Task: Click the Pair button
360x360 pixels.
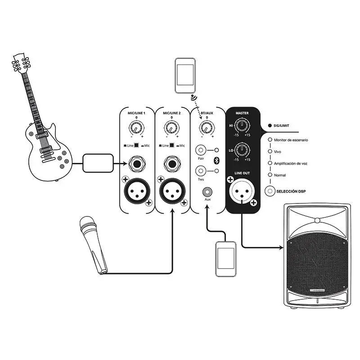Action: tap(201, 151)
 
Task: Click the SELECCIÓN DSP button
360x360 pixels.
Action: tap(270, 191)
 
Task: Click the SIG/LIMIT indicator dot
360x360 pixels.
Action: tap(270, 126)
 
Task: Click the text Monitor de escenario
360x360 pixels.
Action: tap(291, 140)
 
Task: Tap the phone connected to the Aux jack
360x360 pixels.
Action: tap(225, 259)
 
